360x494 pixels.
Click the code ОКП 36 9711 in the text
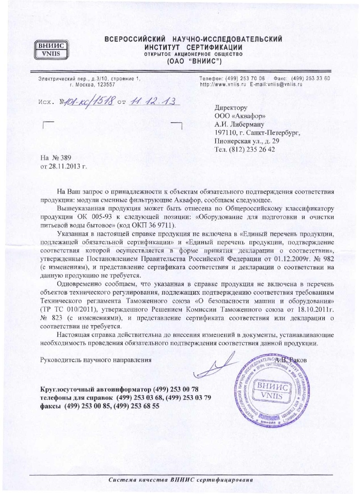pyautogui.click(x=149, y=225)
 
